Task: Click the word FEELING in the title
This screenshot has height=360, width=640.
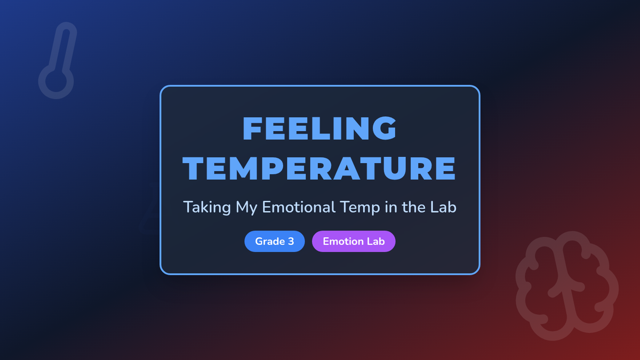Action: (x=319, y=129)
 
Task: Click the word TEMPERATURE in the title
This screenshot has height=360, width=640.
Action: (x=319, y=169)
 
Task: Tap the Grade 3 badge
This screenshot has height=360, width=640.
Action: (x=275, y=242)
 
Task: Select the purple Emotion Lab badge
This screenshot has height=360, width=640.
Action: (x=354, y=242)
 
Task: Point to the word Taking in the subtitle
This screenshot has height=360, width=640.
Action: (x=207, y=207)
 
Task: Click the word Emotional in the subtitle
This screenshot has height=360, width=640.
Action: (x=299, y=207)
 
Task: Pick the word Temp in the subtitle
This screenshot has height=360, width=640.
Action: (x=360, y=207)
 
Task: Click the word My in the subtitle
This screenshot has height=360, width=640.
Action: (x=246, y=207)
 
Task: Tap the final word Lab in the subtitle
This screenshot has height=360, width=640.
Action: (x=443, y=207)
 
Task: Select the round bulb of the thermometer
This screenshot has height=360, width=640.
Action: (x=56, y=82)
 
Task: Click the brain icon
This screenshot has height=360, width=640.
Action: (x=567, y=286)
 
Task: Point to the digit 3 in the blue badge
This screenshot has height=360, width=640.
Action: (x=291, y=242)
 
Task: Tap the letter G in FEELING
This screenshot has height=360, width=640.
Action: (x=385, y=129)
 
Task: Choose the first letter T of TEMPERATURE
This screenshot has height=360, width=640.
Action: (x=193, y=169)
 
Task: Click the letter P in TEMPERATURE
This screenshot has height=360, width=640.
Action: (x=273, y=169)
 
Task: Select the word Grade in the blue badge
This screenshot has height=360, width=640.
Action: (x=270, y=242)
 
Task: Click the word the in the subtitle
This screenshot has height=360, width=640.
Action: (x=414, y=207)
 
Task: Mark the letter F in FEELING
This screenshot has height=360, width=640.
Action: (x=252, y=129)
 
